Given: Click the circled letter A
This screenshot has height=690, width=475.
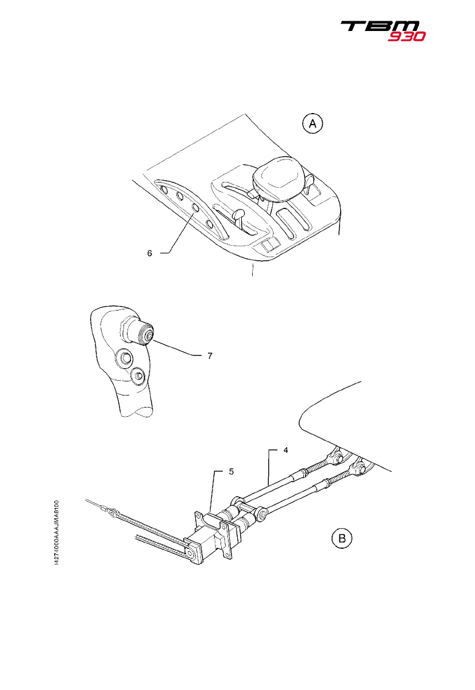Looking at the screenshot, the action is click(313, 123).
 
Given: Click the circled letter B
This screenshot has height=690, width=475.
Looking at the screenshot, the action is click(342, 538).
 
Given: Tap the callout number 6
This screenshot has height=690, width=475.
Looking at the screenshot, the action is click(149, 253).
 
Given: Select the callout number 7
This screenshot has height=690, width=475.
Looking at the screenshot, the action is click(210, 356).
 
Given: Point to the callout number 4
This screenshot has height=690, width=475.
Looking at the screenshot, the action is click(285, 451).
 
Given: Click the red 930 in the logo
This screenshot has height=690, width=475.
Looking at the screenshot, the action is click(406, 36).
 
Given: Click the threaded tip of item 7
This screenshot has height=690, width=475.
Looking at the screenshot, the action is click(149, 335).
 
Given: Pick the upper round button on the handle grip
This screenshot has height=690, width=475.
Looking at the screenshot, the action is click(122, 359).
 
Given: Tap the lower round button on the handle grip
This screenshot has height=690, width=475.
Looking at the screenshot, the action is click(137, 377).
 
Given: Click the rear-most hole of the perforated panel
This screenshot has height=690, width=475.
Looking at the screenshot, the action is click(164, 189).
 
